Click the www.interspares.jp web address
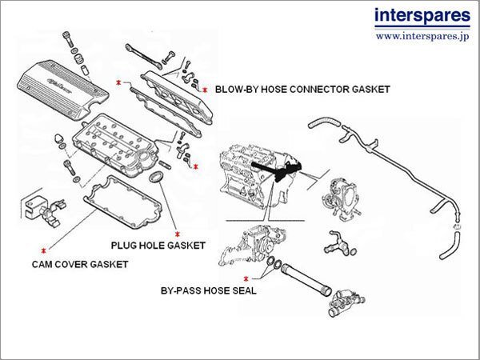421,36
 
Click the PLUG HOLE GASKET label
158,244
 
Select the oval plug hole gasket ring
158,176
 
